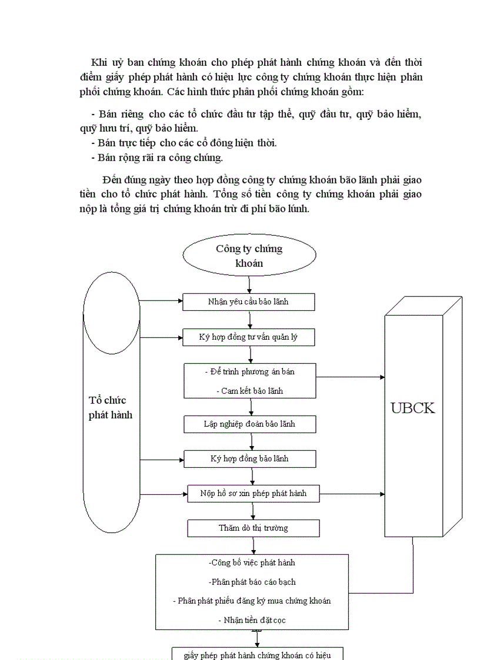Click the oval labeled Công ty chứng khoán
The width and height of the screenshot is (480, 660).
pyautogui.click(x=249, y=256)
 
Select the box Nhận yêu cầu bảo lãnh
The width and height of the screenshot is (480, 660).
pyautogui.click(x=248, y=302)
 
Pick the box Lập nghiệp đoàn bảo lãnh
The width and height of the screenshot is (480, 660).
pyautogui.click(x=249, y=424)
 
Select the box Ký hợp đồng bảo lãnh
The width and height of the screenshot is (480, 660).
pyautogui.click(x=249, y=458)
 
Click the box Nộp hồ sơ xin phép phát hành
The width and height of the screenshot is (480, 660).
pyautogui.click(x=253, y=493)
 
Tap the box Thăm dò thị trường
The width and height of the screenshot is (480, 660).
pyautogui.click(x=253, y=528)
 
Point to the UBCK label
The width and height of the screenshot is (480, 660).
pyautogui.click(x=413, y=408)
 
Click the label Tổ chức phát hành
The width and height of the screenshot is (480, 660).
pyautogui.click(x=111, y=407)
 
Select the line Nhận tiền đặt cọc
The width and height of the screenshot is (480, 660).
pyautogui.click(x=252, y=620)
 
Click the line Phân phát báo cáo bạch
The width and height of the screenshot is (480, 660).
pyautogui.click(x=252, y=582)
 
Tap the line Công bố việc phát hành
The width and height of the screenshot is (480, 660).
pyautogui.click(x=252, y=562)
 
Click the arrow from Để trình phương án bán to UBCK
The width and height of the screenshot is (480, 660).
pyautogui.click(x=350, y=377)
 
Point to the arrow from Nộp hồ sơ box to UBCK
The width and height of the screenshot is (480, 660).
pyautogui.click(x=352, y=493)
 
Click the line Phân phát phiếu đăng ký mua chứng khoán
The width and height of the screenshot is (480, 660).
pyautogui.click(x=252, y=601)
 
